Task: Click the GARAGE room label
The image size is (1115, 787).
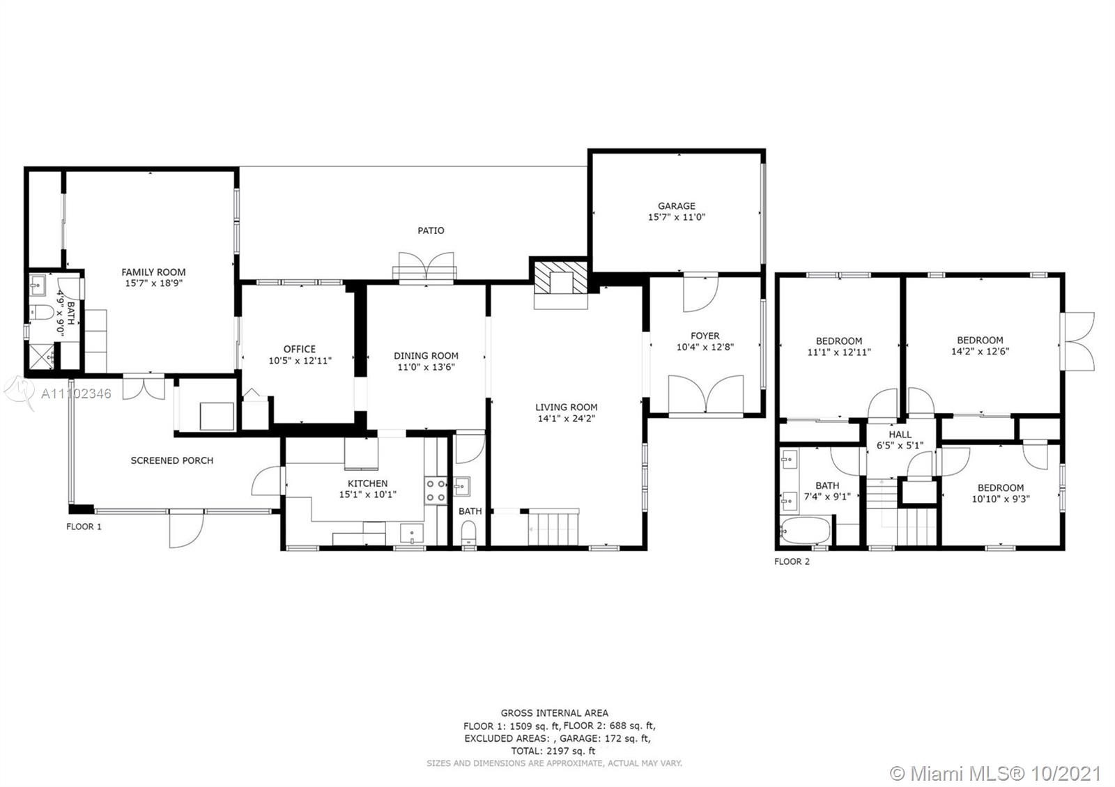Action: pyautogui.click(x=677, y=206)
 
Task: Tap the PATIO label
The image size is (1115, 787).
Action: pyautogui.click(x=431, y=231)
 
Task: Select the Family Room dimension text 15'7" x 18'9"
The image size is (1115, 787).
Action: pyautogui.click(x=154, y=283)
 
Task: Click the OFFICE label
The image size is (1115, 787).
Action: pyautogui.click(x=300, y=349)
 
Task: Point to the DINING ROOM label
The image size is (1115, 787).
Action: pyautogui.click(x=426, y=356)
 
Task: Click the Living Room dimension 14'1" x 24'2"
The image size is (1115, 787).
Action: pyautogui.click(x=567, y=419)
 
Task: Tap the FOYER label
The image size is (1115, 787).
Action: pyautogui.click(x=705, y=336)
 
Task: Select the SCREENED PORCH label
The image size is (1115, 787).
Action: pyautogui.click(x=172, y=460)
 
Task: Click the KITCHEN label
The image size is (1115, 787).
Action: pyautogui.click(x=368, y=483)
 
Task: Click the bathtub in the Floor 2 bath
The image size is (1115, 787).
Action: pyautogui.click(x=806, y=531)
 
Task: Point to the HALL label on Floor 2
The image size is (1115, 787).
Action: pyautogui.click(x=900, y=435)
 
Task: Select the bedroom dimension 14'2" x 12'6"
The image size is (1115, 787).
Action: pyautogui.click(x=980, y=351)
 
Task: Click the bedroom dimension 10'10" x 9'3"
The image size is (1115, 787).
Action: pyautogui.click(x=1001, y=499)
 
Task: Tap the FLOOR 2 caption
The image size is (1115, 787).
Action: pyautogui.click(x=792, y=561)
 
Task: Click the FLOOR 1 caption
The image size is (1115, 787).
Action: pyautogui.click(x=84, y=527)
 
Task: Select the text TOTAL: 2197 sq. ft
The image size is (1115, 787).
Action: pyautogui.click(x=553, y=751)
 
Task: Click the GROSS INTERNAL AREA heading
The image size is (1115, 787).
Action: pyautogui.click(x=555, y=713)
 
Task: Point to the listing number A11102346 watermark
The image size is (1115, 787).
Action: pyautogui.click(x=76, y=394)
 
